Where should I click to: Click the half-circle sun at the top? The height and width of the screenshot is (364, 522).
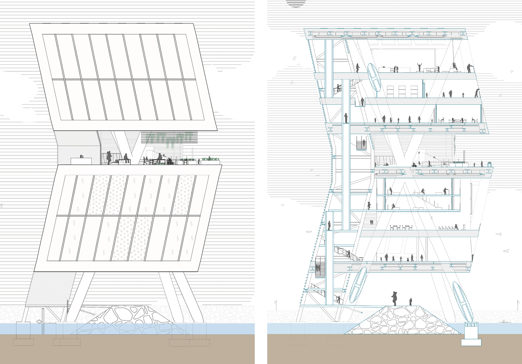coord(296,3)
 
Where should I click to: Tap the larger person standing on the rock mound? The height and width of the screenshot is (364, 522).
coord(394,299)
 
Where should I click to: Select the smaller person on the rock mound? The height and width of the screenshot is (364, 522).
coord(410,301)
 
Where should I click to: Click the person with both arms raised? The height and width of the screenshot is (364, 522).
coord(420,67)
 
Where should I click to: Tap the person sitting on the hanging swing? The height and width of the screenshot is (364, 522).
coord(455,66)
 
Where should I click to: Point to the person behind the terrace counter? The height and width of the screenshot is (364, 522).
coord(81,156)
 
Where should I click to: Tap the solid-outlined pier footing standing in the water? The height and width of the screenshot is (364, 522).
coord(23,330)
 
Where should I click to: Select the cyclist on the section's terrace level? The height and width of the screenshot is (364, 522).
coord(415,164)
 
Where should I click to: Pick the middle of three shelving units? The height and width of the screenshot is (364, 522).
coord(402,91)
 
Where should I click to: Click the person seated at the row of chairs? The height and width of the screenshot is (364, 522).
coord(456,227)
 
